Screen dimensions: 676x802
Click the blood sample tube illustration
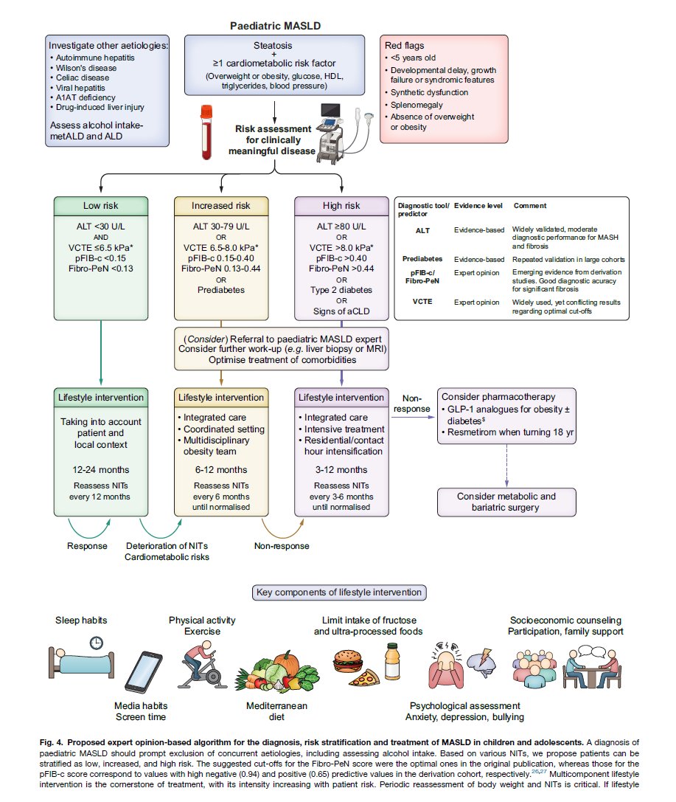pos(206,133)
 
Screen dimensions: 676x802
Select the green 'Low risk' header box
pos(101,206)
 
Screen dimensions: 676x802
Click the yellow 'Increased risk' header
pos(220,206)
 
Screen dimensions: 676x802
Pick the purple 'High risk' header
pos(341,206)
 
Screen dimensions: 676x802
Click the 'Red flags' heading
pos(404,46)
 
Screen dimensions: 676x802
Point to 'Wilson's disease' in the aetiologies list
pos(86,68)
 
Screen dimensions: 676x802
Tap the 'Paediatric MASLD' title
pos(275,26)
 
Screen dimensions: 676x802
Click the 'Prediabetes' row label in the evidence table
pos(422,259)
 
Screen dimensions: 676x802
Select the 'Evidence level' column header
pos(478,206)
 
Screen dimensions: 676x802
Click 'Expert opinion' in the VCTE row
pos(476,303)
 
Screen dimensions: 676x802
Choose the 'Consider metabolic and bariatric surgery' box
pos(506,502)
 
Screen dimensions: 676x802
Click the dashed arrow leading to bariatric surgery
pos(506,466)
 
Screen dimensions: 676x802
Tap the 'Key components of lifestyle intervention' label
pos(339,592)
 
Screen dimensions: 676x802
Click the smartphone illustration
pos(144,672)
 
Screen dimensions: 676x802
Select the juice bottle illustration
pos(392,661)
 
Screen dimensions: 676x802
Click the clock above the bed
pos(96,643)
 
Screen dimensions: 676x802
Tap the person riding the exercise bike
pos(203,666)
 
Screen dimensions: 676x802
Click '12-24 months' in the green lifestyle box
pos(101,469)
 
